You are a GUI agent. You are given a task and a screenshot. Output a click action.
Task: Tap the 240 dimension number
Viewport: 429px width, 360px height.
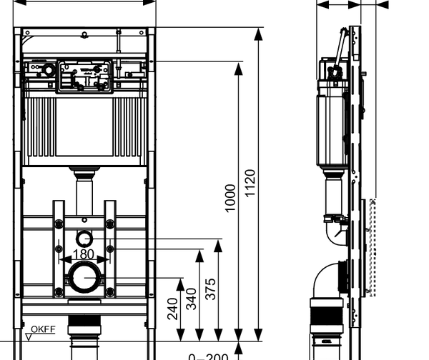point(172,309)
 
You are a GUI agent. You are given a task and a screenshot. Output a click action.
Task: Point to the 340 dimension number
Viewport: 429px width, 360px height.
point(192,299)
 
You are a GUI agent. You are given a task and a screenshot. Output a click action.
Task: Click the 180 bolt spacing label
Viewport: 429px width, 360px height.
point(84,254)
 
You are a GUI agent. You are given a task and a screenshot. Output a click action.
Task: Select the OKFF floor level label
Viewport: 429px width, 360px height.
point(44,330)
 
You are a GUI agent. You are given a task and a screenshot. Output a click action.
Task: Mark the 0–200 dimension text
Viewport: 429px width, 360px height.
point(208,356)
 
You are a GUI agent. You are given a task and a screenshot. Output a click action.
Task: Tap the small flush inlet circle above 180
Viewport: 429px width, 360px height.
point(84,239)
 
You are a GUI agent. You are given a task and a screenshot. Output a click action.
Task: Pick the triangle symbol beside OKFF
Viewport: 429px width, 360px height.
point(28,335)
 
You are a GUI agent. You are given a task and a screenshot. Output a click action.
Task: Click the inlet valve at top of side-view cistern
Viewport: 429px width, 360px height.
point(334,71)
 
